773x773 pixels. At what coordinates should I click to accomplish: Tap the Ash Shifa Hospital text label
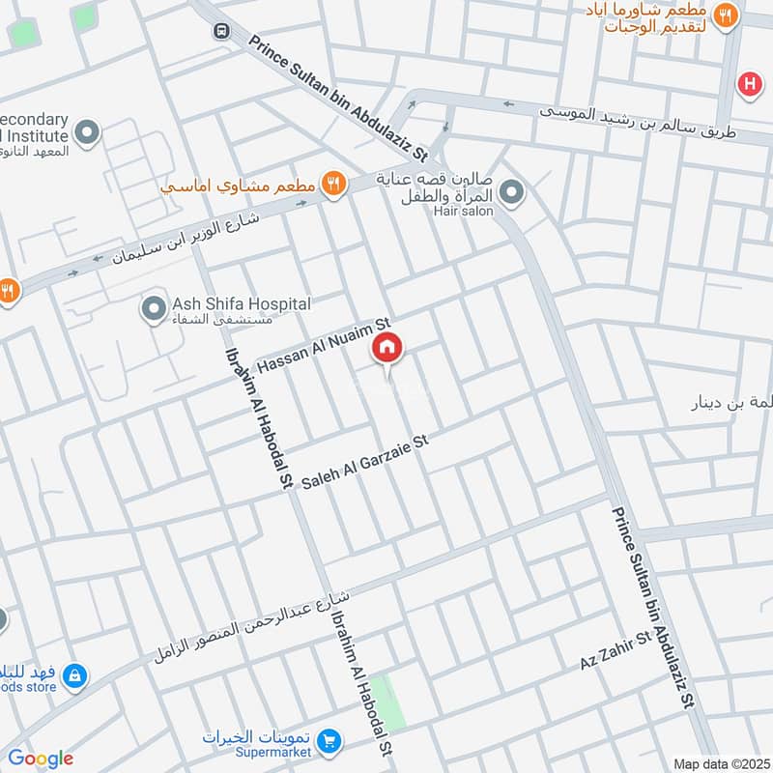(241, 304)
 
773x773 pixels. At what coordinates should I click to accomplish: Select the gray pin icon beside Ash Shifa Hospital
(153, 310)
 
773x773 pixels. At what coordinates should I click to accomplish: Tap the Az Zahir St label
(616, 652)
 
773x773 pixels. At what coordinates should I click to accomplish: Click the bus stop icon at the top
(221, 30)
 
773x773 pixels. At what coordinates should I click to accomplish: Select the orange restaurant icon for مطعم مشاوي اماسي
(333, 183)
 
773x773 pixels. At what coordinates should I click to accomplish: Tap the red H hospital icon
(749, 85)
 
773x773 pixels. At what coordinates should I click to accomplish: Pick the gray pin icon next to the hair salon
(513, 194)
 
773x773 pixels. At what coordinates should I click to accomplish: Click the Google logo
(41, 759)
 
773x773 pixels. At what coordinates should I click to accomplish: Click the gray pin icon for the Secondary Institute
(88, 133)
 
